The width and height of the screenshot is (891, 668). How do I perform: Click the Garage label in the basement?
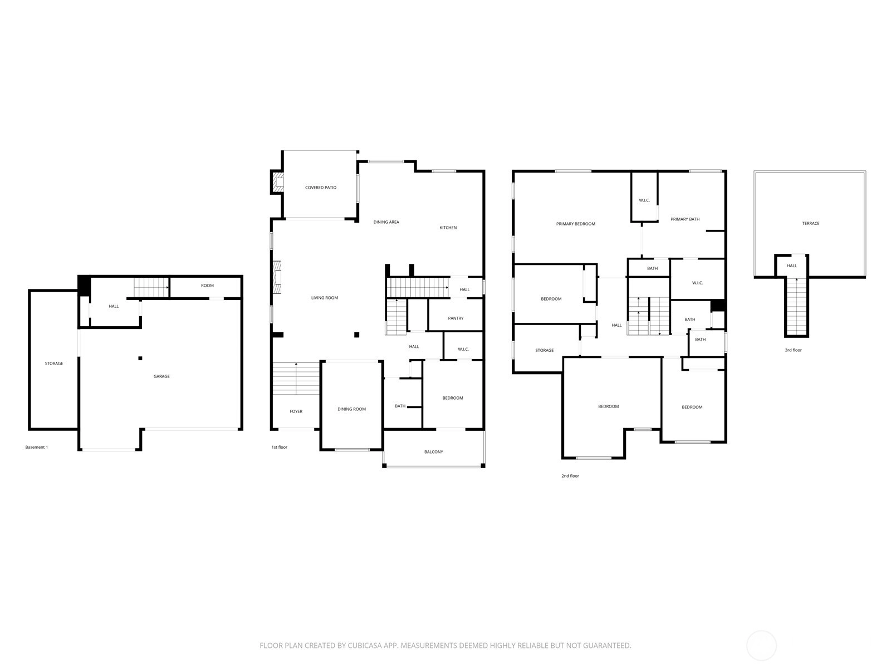(161, 376)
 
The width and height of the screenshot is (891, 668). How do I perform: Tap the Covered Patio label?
(321, 188)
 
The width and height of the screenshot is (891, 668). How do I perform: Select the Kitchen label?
(448, 228)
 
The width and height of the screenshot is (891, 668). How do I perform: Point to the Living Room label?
(324, 298)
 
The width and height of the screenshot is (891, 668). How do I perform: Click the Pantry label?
(456, 318)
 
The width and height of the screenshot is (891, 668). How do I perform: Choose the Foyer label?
(296, 411)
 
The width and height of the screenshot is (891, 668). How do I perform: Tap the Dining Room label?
(351, 409)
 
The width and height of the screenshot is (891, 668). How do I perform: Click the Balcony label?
(433, 451)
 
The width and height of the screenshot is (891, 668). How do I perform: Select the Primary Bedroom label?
(576, 223)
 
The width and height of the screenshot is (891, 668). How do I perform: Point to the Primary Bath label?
(685, 219)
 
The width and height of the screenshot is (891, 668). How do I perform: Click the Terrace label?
(811, 223)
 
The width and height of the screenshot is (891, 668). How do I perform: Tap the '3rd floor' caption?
(793, 350)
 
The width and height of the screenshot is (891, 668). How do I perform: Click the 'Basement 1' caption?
(37, 447)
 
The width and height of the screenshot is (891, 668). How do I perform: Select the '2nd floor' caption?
(570, 476)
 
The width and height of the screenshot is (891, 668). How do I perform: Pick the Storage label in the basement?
(54, 364)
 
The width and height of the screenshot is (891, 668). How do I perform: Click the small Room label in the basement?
(207, 286)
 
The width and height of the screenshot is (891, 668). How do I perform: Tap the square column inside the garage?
(140, 358)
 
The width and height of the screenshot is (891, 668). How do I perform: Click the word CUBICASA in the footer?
(365, 645)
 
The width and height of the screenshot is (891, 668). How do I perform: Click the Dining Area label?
(386, 222)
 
